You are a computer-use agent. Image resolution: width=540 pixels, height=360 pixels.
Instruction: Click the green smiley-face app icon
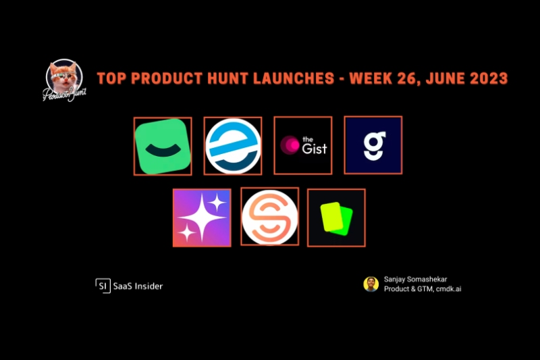point(163,147)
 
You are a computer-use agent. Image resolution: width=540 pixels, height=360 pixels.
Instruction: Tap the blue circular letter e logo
point(233,146)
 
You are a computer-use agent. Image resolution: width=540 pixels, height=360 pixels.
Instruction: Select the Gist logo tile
point(303,145)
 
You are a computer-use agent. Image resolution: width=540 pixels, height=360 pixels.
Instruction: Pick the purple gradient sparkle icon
point(202,217)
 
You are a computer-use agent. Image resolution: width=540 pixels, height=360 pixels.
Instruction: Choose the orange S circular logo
point(269,217)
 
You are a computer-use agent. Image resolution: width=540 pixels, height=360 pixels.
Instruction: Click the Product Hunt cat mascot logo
point(64,80)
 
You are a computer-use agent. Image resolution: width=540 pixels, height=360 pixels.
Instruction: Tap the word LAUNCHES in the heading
point(294,78)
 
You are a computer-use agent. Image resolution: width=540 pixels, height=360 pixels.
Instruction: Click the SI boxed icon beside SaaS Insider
point(103,286)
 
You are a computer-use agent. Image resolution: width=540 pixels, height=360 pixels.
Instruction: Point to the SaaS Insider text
point(138,286)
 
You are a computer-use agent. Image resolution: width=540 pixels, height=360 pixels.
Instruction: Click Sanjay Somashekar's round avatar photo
point(371,284)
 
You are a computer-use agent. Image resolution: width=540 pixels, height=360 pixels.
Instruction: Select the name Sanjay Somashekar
point(416,280)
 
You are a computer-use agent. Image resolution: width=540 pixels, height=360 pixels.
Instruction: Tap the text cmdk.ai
point(448,289)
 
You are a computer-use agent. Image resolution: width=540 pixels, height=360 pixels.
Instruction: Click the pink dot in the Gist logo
point(290,145)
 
